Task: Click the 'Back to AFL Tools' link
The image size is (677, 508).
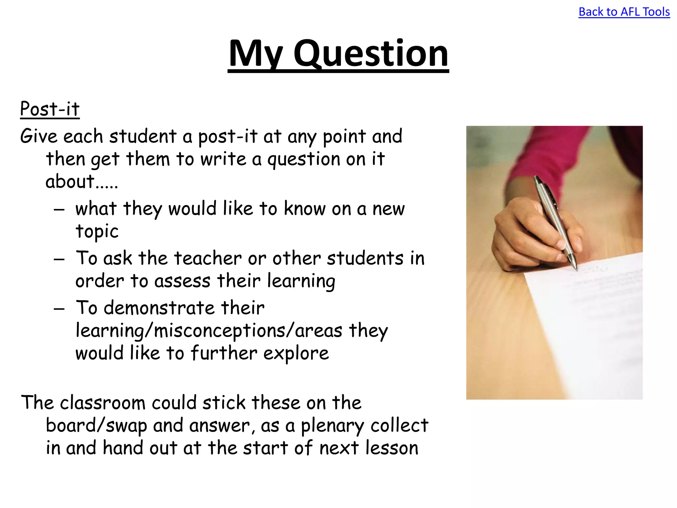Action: point(624,12)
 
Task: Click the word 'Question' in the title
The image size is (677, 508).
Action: point(371,54)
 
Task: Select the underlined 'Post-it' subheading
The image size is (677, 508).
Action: point(50,109)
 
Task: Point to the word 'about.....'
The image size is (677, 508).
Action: point(81,182)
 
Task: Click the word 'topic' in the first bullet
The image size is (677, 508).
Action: point(97,231)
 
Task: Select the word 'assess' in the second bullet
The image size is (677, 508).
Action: point(182,281)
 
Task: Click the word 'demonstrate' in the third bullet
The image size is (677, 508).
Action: point(159,308)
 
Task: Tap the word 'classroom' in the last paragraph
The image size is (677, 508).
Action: point(102,403)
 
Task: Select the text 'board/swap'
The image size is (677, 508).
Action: point(96,426)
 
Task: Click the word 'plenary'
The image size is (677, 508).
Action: point(332,426)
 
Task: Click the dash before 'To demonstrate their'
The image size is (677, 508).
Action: point(59,309)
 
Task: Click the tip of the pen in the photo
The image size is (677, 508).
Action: point(576,269)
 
